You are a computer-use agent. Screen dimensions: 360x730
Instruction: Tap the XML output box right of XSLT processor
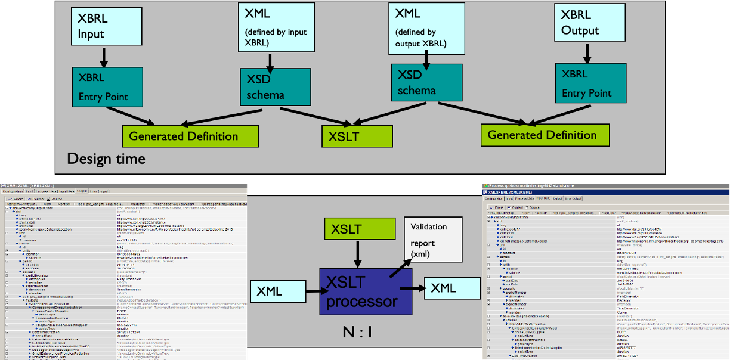point(451,288)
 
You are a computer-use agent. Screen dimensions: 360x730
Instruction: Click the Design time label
point(106,159)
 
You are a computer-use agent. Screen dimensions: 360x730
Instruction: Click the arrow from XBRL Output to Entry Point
point(587,52)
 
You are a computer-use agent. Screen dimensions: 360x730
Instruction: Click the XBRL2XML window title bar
point(119,186)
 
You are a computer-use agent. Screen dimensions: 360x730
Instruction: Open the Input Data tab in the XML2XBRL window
point(543,198)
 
